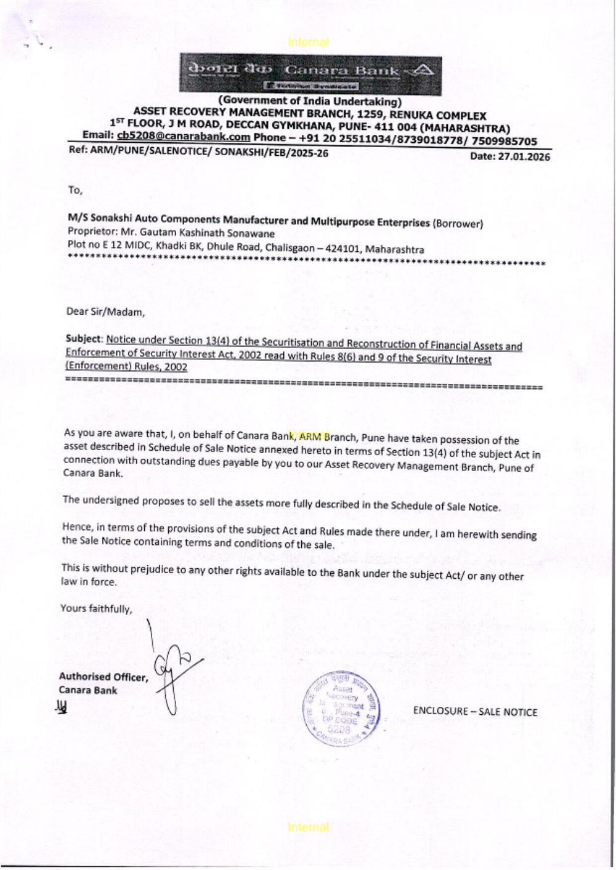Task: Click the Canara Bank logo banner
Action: pos(310,74)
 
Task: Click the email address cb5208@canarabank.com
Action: pos(183,137)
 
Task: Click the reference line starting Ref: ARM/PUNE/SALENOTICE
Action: pos(198,153)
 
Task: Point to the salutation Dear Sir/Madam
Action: pos(105,312)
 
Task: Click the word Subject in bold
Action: pos(84,339)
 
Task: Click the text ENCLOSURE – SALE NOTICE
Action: pos(475,712)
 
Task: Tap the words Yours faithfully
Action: pos(96,609)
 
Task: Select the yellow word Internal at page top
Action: pos(308,42)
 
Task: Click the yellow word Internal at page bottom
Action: pos(308,828)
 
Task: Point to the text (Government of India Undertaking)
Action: pos(310,101)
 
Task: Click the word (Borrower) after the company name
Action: pos(458,224)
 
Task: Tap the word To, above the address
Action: pos(75,190)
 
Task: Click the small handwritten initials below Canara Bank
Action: pos(62,707)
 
